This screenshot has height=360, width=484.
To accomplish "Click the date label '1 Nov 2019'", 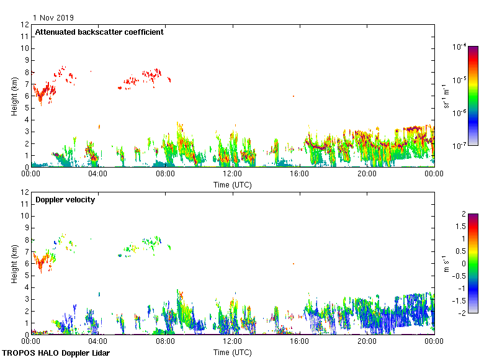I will tap(53, 17).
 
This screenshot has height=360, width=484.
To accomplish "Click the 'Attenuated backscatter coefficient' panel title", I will tap(99, 32).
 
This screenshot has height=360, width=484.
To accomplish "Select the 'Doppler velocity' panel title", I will tap(65, 200).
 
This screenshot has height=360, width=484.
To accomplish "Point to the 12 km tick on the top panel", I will tap(25, 25).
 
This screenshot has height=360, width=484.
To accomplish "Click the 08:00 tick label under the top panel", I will tap(165, 174).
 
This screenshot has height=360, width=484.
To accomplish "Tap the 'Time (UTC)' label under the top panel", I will tap(233, 184).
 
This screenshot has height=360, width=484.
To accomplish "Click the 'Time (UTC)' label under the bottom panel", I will tap(233, 352).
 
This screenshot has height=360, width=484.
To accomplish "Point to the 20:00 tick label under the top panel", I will tap(367, 174).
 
